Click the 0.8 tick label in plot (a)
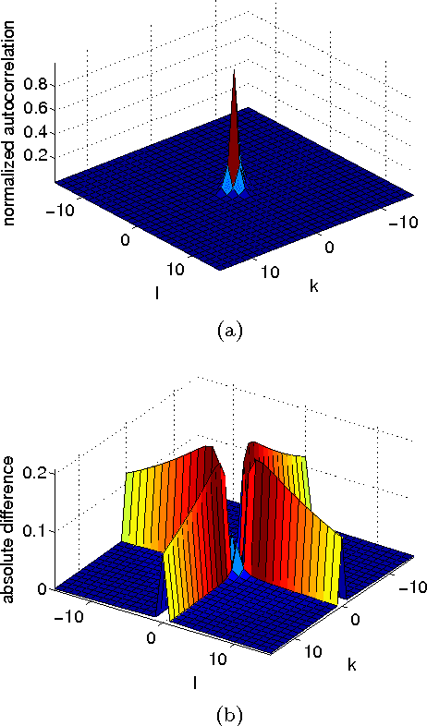coord(37,84)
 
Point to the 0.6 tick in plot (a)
coord(37,107)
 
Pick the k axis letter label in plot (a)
coord(314,287)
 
